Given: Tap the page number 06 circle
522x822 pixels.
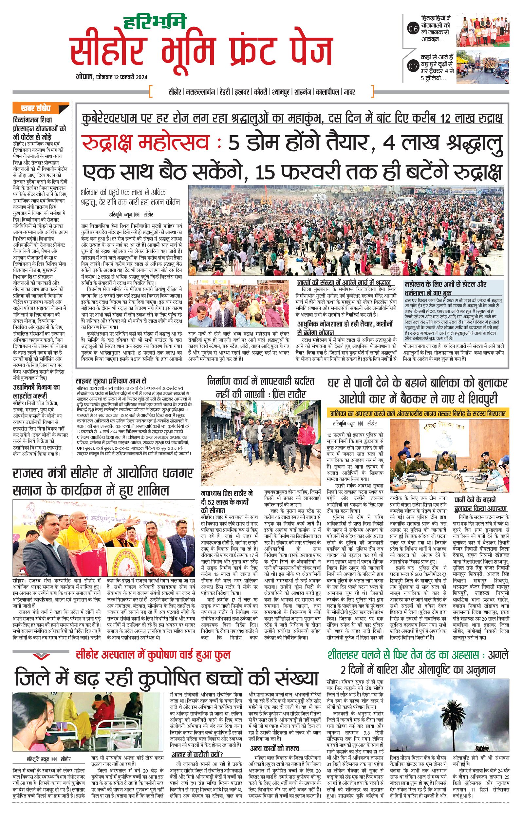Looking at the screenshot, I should tap(413, 29).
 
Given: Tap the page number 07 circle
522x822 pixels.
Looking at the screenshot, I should tap(413, 66).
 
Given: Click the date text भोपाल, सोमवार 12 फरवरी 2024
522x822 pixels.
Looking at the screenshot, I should tap(112, 77).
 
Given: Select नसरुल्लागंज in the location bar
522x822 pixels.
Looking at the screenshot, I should tap(200, 92).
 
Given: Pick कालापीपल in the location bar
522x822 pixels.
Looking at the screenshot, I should tap(327, 92).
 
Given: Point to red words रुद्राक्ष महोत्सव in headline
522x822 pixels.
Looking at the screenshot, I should tap(145, 143).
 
